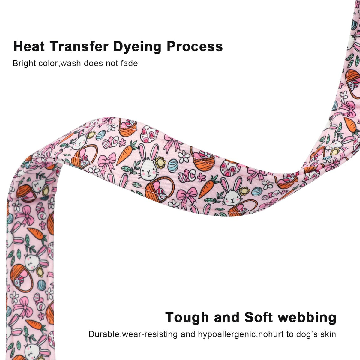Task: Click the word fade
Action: point(129,64)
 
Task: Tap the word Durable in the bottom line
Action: point(104,334)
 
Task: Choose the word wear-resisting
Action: point(149,334)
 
